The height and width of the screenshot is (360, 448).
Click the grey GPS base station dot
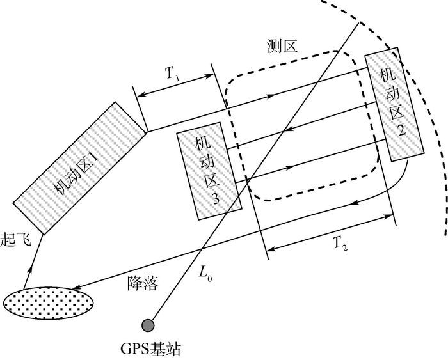(x=148, y=325)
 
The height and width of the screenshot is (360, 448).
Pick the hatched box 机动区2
(x=393, y=102)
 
